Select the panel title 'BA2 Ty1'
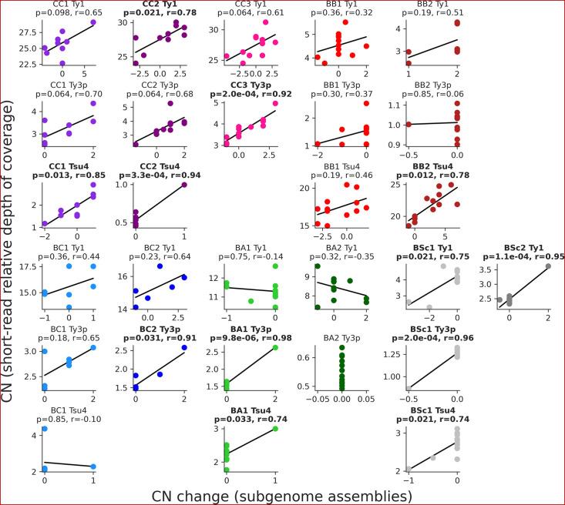pyautogui.click(x=337, y=246)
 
